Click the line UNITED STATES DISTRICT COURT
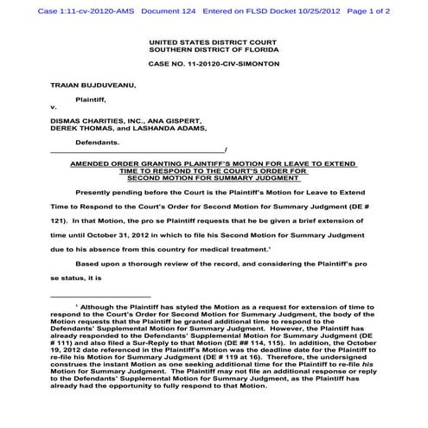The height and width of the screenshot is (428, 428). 212,42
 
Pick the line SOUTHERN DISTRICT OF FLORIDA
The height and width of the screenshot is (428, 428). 212,50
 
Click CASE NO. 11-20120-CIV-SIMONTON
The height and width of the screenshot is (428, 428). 212,66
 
